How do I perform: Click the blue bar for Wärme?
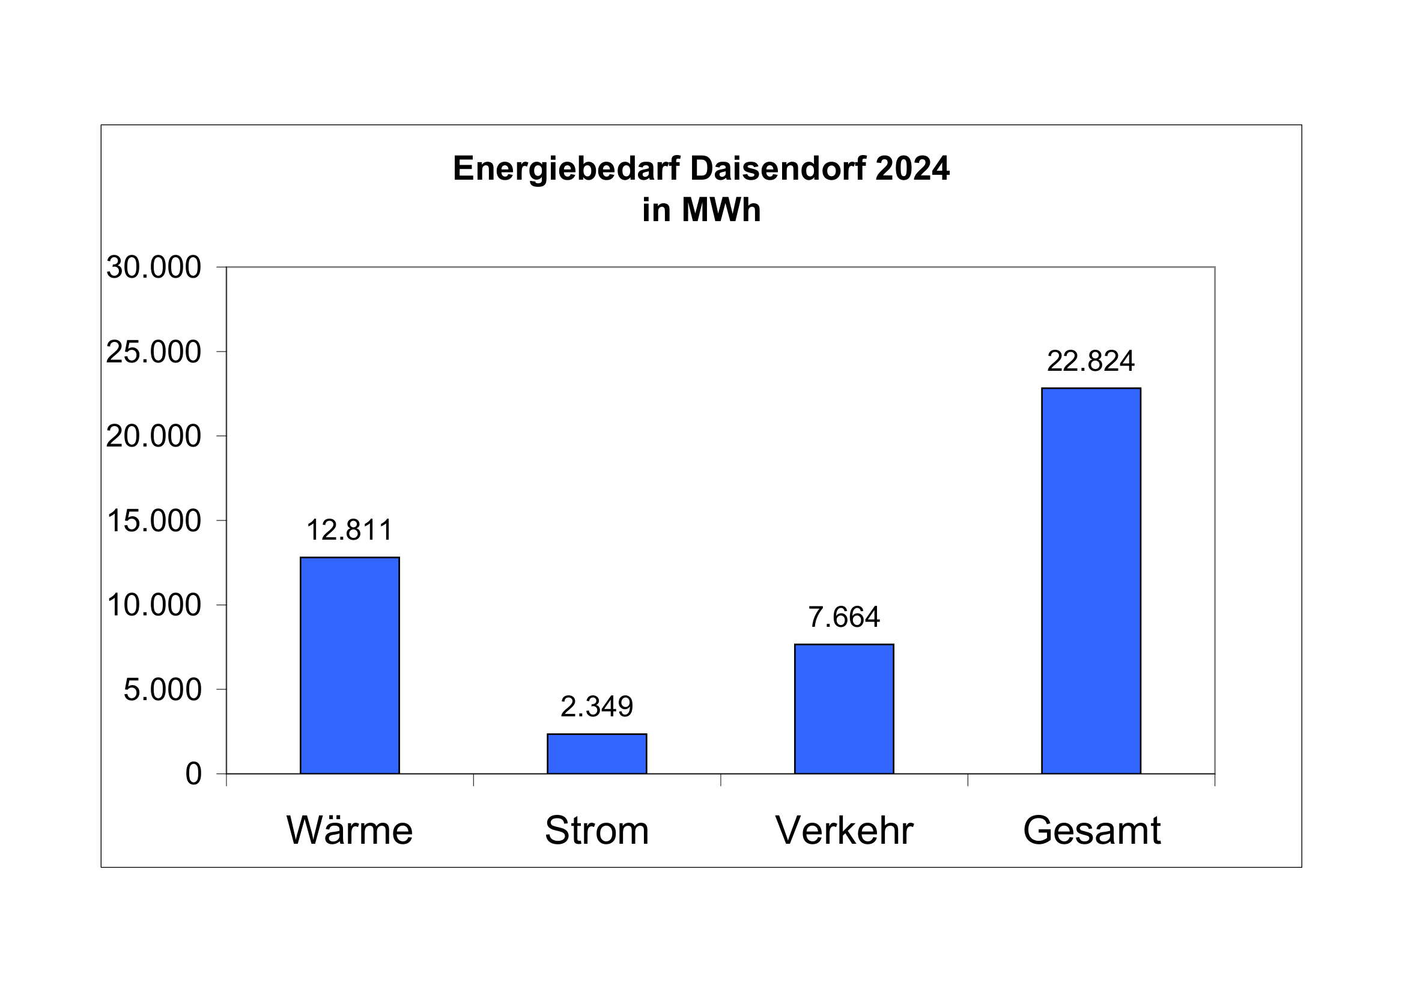pos(350,665)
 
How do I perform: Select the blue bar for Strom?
pos(596,754)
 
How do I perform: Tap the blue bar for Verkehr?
pos(844,709)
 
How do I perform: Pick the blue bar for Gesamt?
pos(1091,581)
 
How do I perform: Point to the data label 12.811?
pos(350,530)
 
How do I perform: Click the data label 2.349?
pos(596,707)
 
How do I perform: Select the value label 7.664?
pos(844,617)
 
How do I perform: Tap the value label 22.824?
pos(1091,361)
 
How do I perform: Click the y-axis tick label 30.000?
pos(154,267)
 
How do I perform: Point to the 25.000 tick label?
pos(154,352)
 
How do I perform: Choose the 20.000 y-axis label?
pos(154,436)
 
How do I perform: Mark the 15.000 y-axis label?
pos(154,521)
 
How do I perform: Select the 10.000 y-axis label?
pos(154,605)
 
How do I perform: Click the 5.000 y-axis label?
pos(162,690)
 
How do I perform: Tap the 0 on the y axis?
pos(193,774)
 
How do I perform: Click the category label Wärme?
pos(350,831)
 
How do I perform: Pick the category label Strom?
pos(596,831)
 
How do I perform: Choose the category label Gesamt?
pos(1091,831)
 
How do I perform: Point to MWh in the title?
pos(721,210)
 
